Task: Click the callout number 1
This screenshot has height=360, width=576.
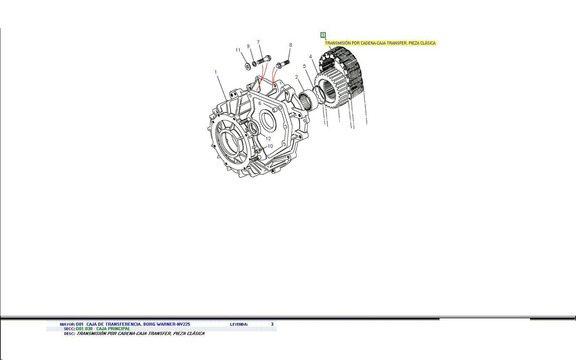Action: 215,72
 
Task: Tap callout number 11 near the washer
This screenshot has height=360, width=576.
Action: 238,50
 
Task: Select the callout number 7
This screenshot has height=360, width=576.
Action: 259,43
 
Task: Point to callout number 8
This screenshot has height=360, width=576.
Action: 291,45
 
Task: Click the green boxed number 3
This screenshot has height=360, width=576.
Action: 323,35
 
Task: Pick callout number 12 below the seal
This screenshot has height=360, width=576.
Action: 268,138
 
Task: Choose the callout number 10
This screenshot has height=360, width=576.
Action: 270,146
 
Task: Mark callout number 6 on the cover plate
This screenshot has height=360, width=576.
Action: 260,103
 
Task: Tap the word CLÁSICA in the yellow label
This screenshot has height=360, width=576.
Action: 427,43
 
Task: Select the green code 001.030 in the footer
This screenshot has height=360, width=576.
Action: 84,329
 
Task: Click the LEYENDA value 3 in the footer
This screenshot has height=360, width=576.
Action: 272,324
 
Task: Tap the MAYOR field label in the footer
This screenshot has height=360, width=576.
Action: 67,324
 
